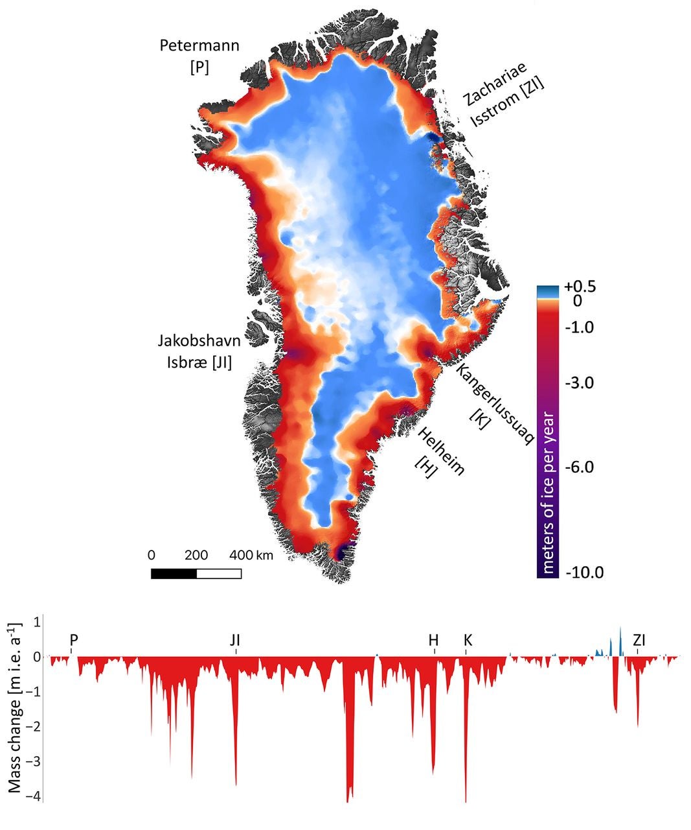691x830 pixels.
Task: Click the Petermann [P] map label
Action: [x=199, y=56]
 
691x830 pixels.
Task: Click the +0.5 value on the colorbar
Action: [x=580, y=287]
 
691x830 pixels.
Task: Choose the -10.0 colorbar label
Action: [x=584, y=572]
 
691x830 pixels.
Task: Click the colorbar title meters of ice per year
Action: [x=548, y=493]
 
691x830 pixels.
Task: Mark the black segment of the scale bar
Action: [x=174, y=573]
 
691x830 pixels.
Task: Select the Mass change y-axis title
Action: [x=14, y=707]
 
